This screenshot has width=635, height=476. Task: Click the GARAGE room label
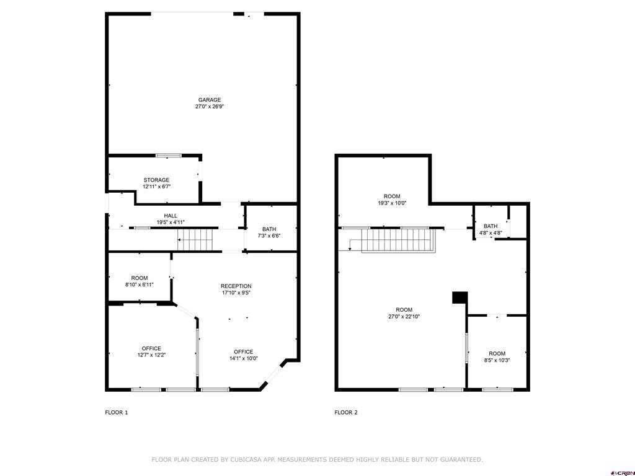[210, 100]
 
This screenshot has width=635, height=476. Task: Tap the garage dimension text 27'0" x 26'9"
[210, 107]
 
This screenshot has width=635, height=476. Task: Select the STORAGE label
[156, 180]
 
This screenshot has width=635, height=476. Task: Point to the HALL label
[171, 216]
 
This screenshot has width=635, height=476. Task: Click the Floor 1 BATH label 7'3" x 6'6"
[269, 232]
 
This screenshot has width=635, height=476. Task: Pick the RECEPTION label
[236, 286]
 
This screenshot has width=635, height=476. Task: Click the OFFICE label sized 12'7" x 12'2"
[151, 352]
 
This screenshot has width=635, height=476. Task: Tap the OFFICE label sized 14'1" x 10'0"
[243, 355]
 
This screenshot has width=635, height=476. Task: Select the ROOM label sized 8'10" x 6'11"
[140, 281]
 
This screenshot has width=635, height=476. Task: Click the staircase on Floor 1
[195, 240]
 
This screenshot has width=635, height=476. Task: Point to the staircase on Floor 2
[398, 241]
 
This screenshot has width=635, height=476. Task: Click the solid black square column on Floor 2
[460, 297]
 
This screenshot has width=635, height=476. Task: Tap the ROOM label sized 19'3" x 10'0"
[392, 200]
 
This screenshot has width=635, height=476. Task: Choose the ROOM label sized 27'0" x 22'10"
[404, 313]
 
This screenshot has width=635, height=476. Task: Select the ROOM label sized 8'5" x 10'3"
[497, 356]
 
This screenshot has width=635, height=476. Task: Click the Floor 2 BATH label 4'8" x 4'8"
[491, 229]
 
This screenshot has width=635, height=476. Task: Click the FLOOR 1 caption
[116, 412]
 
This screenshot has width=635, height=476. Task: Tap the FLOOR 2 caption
[346, 412]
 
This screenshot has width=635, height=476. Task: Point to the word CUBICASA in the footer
[246, 459]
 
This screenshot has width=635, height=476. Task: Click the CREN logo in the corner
[624, 472]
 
